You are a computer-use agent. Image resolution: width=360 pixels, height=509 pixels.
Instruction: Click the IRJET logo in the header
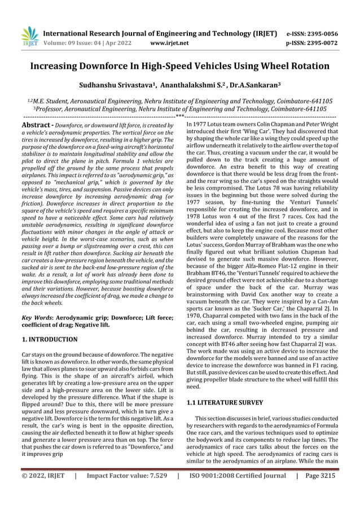tap(29, 37)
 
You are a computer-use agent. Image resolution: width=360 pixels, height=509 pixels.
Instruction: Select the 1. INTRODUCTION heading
tap(49, 339)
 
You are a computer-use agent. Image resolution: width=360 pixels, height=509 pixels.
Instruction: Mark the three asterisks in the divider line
tap(179, 116)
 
